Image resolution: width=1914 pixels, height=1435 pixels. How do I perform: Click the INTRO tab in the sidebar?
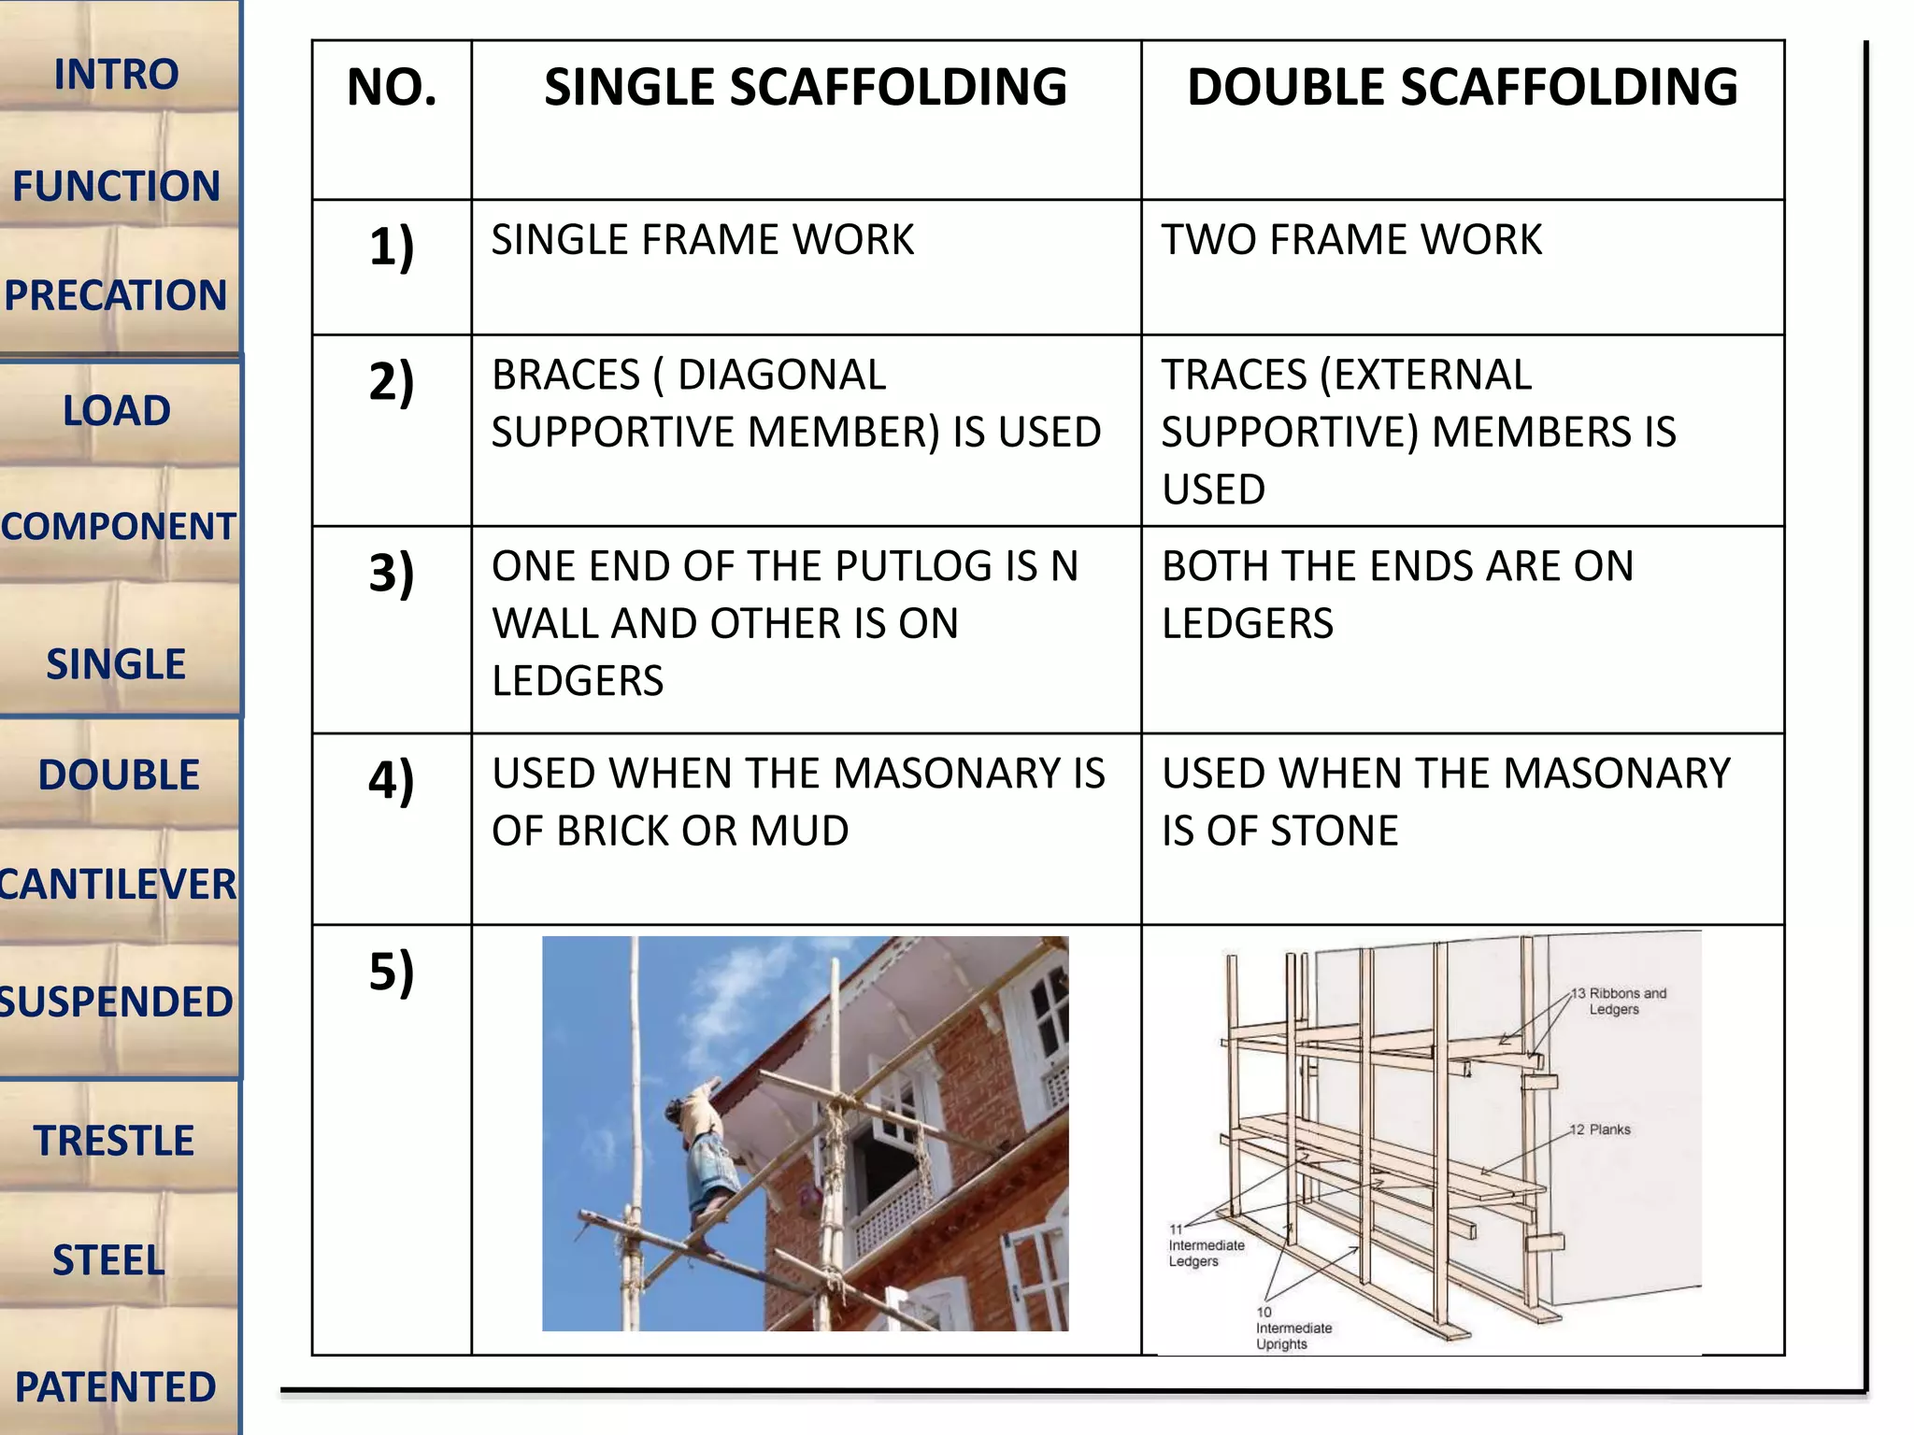click(x=116, y=75)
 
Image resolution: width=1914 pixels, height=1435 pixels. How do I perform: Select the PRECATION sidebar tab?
click(x=116, y=295)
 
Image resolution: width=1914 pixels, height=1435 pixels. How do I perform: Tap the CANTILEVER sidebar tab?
click(x=118, y=884)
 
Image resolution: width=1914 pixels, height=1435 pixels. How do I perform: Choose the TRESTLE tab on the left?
click(x=114, y=1141)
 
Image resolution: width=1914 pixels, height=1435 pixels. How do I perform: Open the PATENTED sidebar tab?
click(x=116, y=1386)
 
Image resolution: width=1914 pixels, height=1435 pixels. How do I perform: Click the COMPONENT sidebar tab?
click(x=118, y=526)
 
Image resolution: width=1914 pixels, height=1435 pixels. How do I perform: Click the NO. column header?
click(x=392, y=88)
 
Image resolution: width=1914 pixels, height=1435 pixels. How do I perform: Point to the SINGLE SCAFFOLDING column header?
click(x=806, y=88)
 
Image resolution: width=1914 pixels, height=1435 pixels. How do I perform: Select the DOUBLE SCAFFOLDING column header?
click(x=1462, y=88)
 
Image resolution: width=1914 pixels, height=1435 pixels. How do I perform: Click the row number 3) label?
click(x=392, y=573)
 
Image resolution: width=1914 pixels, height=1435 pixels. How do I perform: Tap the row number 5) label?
click(x=392, y=971)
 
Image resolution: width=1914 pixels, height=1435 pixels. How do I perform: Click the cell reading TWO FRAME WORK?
click(x=1351, y=240)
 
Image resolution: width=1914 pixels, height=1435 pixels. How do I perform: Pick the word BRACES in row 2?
click(x=565, y=376)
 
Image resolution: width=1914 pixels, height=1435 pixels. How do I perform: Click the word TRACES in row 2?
click(x=1234, y=376)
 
